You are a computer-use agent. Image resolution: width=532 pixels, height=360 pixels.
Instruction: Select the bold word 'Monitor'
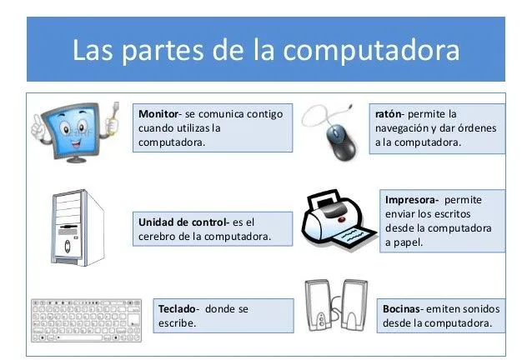(x=158, y=112)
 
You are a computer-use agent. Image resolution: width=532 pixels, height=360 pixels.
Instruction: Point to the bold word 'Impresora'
(x=412, y=200)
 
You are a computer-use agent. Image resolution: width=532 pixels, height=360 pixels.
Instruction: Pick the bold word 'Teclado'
(x=177, y=309)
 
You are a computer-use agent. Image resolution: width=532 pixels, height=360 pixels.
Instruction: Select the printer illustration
(x=332, y=221)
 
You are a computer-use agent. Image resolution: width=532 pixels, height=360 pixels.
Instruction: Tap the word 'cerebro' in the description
(x=153, y=237)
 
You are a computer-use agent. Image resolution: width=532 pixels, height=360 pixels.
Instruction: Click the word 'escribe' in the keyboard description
(x=178, y=323)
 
